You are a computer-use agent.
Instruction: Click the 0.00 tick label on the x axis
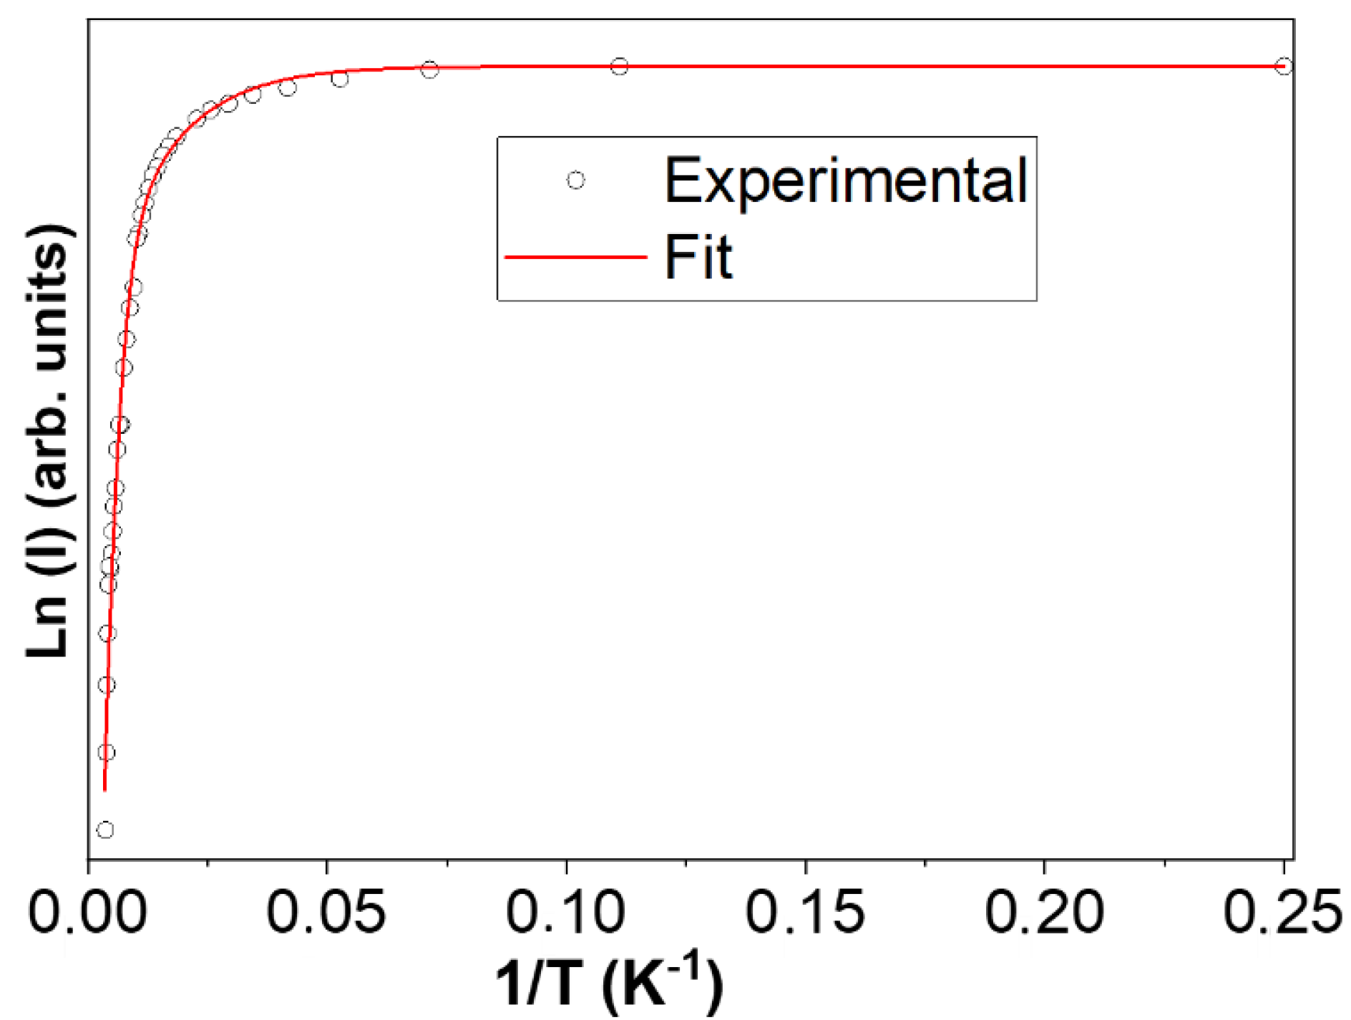pos(87,912)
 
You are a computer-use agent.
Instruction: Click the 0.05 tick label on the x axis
pos(326,912)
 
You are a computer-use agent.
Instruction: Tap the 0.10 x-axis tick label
pos(565,912)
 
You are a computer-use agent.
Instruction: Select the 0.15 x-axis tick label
pos(805,912)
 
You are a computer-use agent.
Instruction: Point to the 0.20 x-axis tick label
pos(1044,912)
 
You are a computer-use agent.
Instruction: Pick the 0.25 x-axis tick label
pos(1282,912)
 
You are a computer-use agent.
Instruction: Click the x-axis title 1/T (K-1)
pos(608,984)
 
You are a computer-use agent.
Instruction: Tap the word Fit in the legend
pos(698,257)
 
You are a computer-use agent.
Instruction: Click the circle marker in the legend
pos(575,180)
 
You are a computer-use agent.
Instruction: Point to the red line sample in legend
pos(575,257)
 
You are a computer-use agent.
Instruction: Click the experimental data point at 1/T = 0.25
pos(1284,67)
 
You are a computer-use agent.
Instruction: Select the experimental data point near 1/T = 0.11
pos(620,67)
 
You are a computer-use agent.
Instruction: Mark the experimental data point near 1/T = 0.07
pos(429,69)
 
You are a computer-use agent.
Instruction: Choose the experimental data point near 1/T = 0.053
pos(340,79)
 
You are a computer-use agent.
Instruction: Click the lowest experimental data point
pos(105,830)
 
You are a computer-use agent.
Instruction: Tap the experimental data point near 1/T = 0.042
pos(288,88)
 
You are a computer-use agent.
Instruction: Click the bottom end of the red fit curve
pos(105,790)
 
